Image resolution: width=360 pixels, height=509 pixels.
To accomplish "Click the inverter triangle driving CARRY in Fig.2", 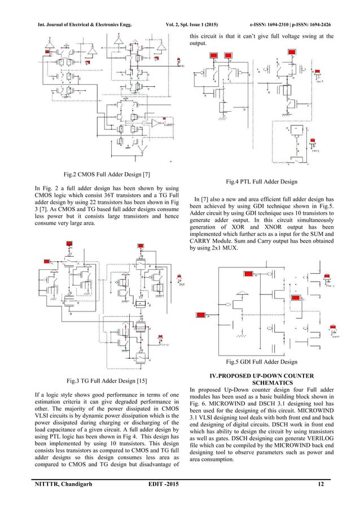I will click(x=157, y=122).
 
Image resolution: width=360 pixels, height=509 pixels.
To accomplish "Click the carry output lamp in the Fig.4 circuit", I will click(x=319, y=147).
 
